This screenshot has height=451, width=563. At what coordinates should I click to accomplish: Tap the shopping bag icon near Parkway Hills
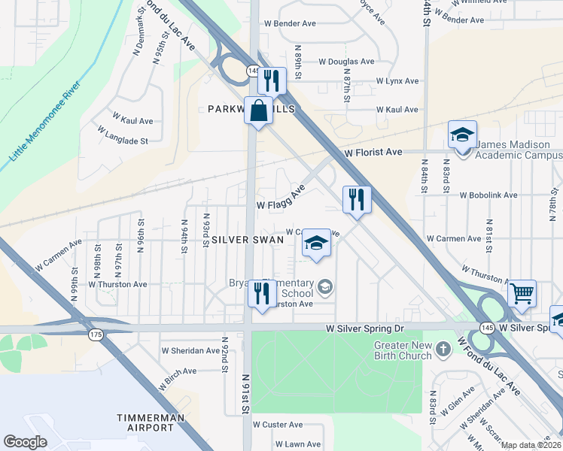pos(258,110)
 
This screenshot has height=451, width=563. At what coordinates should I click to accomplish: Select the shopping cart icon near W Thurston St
pos(522,293)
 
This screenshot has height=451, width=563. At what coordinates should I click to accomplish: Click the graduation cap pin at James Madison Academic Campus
pos(462,135)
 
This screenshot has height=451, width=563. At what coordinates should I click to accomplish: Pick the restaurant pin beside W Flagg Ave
pos(356,199)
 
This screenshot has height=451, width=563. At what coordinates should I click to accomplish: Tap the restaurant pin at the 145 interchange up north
pos(272,80)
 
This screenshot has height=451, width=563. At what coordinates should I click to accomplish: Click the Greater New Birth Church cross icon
pos(443,348)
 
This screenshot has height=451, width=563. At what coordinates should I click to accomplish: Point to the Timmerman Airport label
pos(146,422)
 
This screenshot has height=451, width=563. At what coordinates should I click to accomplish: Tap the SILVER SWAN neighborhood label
pos(247,239)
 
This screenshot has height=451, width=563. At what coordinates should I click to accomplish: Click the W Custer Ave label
pos(278,425)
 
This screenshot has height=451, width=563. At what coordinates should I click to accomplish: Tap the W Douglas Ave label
pos(346,62)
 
